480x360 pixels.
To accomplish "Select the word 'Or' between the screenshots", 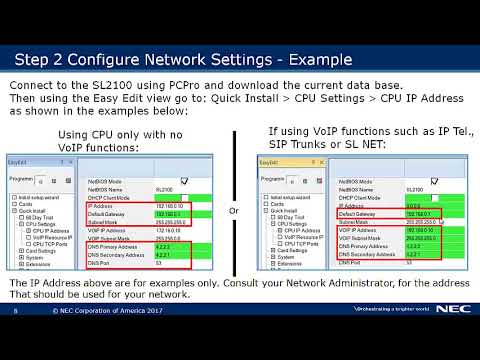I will pyautogui.click(x=233, y=211).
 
